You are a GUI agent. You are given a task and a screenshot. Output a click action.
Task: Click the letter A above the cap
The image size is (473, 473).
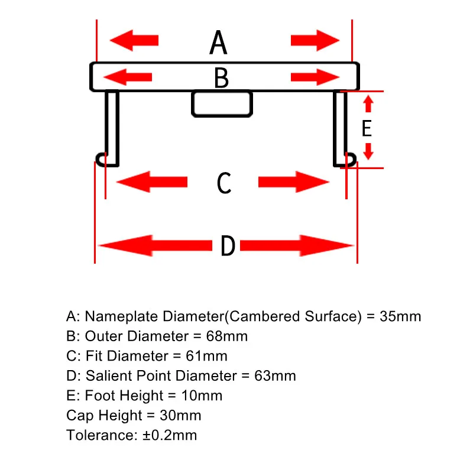point(218,42)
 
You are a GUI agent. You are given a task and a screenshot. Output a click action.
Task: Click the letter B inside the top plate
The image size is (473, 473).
point(221,78)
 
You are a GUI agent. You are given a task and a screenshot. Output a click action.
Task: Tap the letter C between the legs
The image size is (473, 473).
point(224,183)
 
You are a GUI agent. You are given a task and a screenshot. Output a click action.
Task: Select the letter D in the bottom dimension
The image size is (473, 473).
point(228,246)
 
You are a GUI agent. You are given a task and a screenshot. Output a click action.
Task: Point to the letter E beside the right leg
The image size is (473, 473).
point(367,128)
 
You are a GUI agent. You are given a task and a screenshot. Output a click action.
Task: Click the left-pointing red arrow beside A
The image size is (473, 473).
point(134,40)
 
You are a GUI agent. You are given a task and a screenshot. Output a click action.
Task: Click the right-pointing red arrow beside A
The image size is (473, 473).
point(315,40)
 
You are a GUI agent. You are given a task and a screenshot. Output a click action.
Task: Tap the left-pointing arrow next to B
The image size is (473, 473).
point(128,77)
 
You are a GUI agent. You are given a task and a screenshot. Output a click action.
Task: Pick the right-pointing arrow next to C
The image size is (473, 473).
point(293,182)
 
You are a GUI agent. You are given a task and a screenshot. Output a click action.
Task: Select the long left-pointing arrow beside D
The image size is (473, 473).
point(155,245)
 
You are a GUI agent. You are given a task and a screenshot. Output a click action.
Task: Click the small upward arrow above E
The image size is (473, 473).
point(368,104)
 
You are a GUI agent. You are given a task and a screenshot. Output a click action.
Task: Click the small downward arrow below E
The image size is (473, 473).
point(368,151)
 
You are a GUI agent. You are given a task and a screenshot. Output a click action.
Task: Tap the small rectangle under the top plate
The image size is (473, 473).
point(222,103)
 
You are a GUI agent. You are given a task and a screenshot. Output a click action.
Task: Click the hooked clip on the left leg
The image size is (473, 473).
point(101,159)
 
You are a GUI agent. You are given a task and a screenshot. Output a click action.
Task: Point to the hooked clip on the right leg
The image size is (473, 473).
point(351,159)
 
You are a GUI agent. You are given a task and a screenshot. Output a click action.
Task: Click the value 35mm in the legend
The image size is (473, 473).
point(400,316)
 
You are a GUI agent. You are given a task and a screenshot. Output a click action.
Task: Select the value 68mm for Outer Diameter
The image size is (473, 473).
point(227,336)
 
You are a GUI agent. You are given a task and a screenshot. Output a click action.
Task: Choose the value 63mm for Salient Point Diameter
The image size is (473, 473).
point(275,376)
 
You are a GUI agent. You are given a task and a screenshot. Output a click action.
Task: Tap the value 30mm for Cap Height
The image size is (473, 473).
point(180,416)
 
